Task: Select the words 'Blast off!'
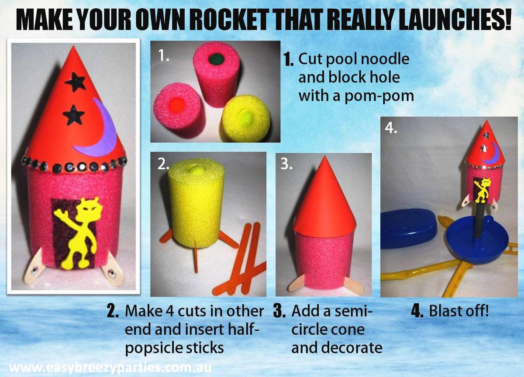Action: pyautogui.click(x=458, y=312)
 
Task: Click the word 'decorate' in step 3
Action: pyautogui.click(x=337, y=348)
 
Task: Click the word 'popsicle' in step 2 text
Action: pyautogui.click(x=153, y=348)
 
